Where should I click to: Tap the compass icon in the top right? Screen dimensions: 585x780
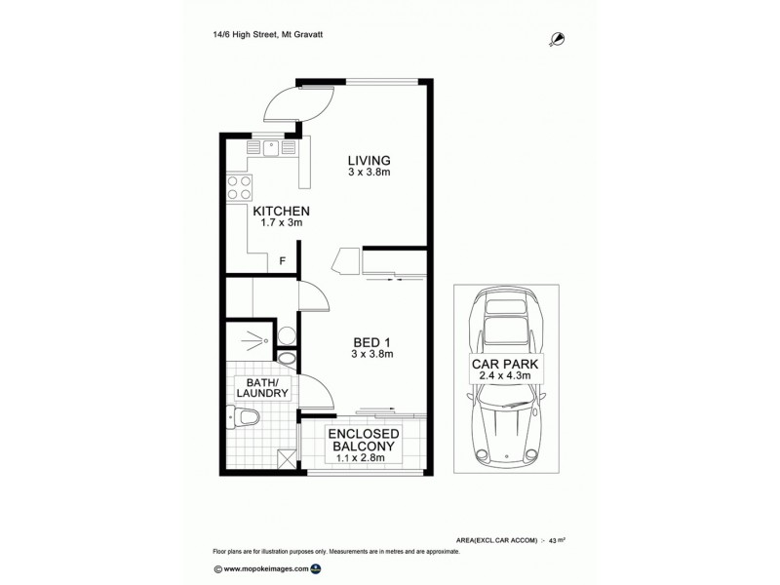558,38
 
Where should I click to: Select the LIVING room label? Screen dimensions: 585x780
370,161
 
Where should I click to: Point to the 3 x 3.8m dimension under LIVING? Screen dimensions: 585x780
370,174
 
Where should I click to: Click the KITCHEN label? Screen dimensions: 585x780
281,211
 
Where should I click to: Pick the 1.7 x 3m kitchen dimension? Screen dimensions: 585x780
281,223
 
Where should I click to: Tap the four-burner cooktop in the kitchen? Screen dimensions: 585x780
238,187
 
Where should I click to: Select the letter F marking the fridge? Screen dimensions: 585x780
283,261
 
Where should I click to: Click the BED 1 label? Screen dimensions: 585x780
371,341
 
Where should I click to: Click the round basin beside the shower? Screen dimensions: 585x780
286,336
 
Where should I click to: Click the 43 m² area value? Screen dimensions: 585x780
558,539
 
